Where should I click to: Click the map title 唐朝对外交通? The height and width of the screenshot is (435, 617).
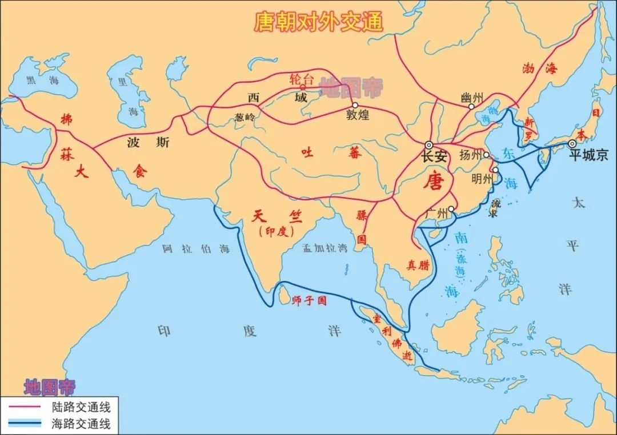(318, 22)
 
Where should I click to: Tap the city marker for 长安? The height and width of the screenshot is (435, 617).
(428, 145)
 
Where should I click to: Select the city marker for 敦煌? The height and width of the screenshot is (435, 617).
(355, 105)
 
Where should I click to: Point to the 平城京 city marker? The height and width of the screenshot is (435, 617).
(572, 144)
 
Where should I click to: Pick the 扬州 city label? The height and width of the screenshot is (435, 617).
(471, 155)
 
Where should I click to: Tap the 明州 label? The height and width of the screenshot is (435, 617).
(482, 178)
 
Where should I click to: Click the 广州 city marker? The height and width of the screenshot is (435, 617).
(451, 209)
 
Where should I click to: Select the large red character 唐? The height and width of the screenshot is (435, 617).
(434, 181)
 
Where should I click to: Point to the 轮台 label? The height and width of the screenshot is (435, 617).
(301, 78)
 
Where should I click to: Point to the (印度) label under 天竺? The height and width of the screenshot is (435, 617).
(276, 232)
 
